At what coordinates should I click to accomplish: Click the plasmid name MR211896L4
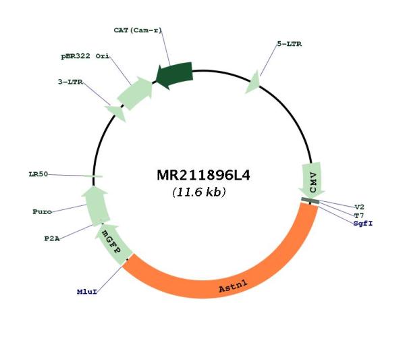click(x=203, y=175)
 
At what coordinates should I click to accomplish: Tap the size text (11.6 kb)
click(x=198, y=192)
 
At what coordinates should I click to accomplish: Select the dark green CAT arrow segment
click(x=175, y=75)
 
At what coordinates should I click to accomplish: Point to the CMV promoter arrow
click(x=312, y=180)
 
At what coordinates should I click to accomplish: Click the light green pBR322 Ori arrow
click(x=135, y=93)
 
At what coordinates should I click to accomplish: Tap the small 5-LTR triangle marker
click(x=253, y=82)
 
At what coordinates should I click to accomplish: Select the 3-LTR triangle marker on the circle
click(x=116, y=113)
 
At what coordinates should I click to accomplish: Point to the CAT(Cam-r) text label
click(x=138, y=30)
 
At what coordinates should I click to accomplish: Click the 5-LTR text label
click(x=290, y=44)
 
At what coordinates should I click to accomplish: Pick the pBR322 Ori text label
click(x=85, y=56)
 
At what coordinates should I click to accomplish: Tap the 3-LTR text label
click(x=70, y=82)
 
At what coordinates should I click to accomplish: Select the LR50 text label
click(x=38, y=174)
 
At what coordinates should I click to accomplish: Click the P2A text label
click(x=52, y=238)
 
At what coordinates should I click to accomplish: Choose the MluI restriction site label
click(x=87, y=292)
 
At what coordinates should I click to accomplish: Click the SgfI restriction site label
click(x=363, y=224)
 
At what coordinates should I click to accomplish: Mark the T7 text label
click(x=359, y=215)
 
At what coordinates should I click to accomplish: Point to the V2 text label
click(x=359, y=207)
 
